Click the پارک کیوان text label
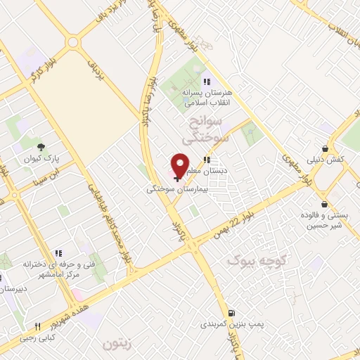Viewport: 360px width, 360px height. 42,160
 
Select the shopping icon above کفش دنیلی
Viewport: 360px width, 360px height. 325,148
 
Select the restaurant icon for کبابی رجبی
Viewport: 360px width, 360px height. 36,327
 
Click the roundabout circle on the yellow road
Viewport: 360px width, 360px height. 72,42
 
